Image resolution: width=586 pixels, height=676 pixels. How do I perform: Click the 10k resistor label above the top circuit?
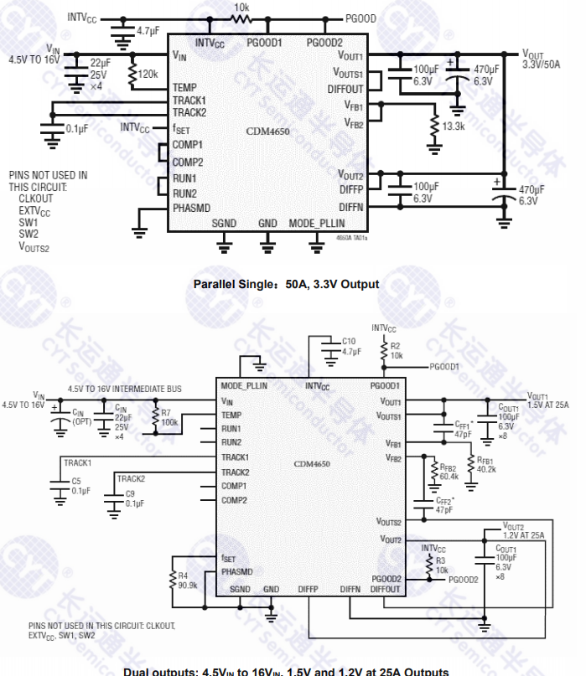tap(241, 6)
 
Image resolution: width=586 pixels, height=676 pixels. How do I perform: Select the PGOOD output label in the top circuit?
tap(360, 17)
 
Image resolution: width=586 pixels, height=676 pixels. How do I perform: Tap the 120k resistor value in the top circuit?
tap(148, 74)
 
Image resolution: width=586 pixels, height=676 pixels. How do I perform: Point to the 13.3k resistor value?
tap(453, 126)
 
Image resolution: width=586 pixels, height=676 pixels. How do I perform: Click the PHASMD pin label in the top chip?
tap(191, 207)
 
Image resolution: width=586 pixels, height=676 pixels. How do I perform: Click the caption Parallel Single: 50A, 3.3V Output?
tap(286, 284)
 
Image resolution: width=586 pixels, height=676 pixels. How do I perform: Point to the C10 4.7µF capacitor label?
tap(351, 347)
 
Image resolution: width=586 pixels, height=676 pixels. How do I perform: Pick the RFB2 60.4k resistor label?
tap(448, 473)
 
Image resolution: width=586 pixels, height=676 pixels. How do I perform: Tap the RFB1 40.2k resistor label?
tap(485, 465)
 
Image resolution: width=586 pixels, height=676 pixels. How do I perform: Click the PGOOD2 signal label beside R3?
tap(464, 579)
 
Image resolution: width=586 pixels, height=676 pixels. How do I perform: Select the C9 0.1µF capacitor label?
tap(135, 498)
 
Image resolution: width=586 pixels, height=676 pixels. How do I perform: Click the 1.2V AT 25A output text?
tap(524, 534)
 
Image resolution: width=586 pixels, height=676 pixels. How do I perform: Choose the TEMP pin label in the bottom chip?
tap(232, 415)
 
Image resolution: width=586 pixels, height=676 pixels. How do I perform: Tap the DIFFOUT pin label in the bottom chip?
tap(386, 590)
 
